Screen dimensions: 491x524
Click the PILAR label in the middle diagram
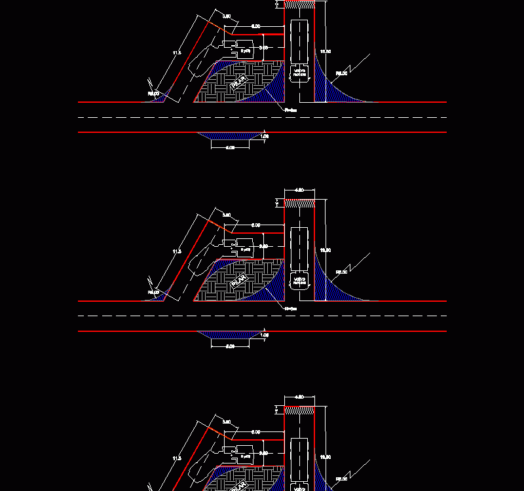pos(238,282)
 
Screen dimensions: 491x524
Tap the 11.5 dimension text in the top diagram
pos(176,52)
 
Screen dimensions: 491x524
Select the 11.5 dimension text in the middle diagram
pos(176,251)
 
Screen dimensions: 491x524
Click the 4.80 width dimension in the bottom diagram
pos(299,397)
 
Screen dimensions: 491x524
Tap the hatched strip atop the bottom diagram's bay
pos(300,410)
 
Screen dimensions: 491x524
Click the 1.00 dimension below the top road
pos(265,136)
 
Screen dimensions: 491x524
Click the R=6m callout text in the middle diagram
pos(291,308)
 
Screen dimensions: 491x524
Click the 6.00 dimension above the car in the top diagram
pos(256,26)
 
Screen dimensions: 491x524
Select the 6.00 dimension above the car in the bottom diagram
pos(256,432)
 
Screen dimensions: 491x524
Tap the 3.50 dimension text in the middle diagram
pos(227,215)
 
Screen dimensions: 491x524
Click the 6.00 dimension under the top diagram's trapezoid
pos(230,148)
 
